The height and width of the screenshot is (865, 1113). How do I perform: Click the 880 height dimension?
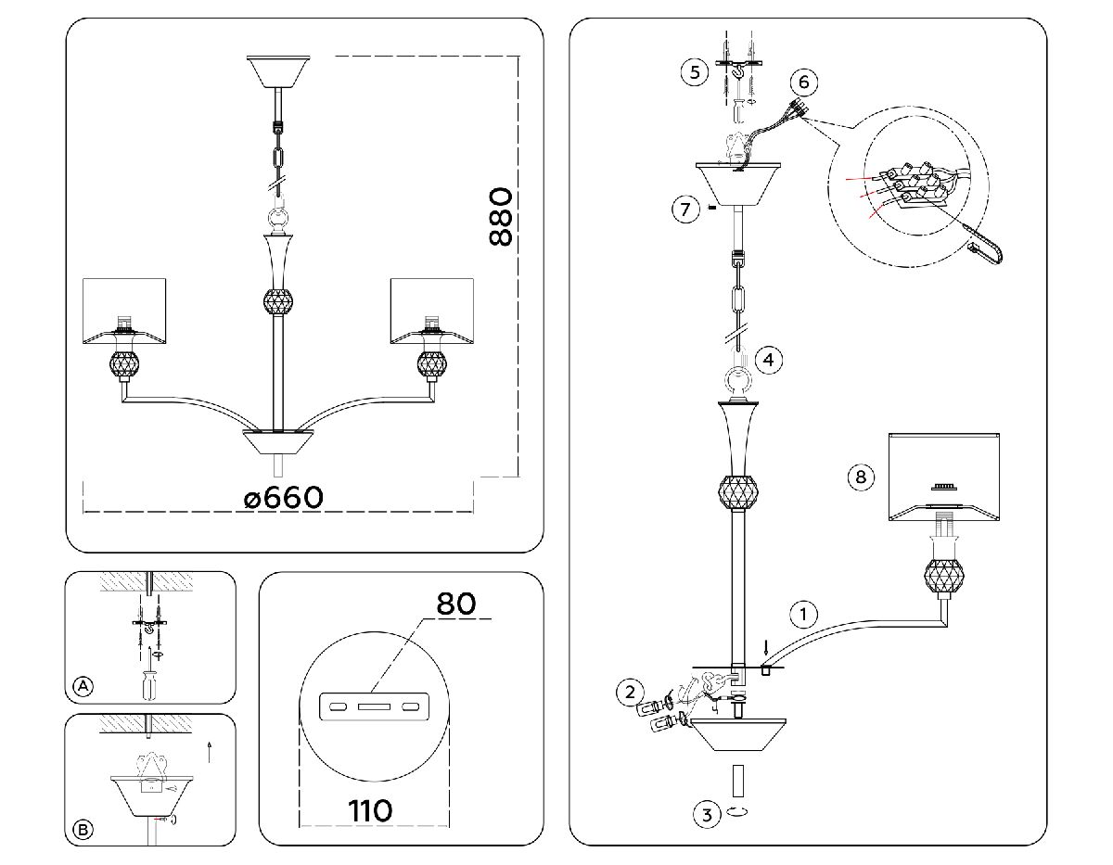tap(500, 216)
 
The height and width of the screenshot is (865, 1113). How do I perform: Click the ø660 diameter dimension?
tap(284, 498)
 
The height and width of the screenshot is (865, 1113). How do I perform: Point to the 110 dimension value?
tap(370, 810)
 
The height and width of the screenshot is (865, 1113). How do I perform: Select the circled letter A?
tap(83, 686)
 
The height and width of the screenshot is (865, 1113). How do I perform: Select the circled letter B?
tap(83, 830)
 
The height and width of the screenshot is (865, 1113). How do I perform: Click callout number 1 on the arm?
tap(803, 614)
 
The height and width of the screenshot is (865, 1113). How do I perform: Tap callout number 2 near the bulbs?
tap(631, 691)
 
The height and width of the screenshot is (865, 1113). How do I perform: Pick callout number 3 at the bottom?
tap(707, 815)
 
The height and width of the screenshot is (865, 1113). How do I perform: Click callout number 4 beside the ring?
tap(768, 359)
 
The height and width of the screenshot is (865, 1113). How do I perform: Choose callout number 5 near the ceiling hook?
tap(694, 71)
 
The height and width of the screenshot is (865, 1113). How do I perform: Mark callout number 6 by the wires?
tap(803, 83)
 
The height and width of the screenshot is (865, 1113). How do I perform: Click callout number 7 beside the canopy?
tap(684, 209)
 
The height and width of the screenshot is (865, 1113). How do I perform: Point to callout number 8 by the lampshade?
tap(861, 477)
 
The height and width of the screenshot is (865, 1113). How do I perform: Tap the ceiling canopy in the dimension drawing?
tap(278, 70)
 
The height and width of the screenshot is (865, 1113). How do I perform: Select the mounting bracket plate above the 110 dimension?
tap(374, 708)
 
